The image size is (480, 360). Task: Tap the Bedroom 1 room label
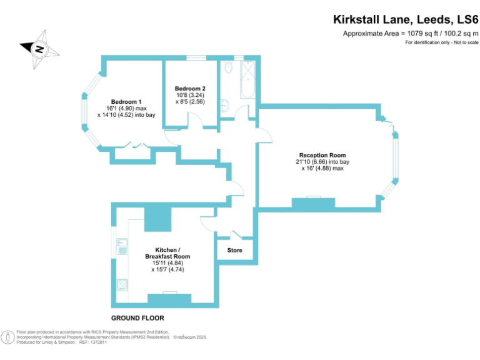(126, 102)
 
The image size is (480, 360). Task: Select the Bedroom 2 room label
(190, 88)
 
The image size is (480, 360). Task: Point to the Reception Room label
(322, 155)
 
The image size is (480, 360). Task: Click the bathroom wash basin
(225, 106)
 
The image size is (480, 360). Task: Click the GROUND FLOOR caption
(137, 318)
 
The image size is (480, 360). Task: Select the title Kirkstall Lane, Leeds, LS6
(405, 19)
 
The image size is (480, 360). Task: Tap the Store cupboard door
(236, 235)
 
